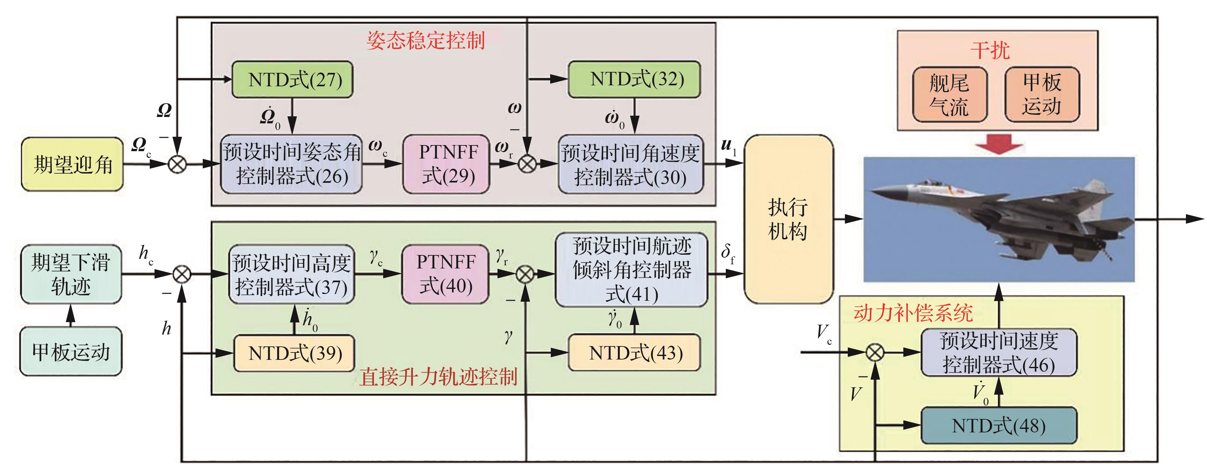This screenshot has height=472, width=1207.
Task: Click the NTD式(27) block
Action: [292, 80]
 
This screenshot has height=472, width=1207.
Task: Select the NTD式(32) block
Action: [634, 79]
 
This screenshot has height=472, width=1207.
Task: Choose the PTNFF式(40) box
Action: [445, 274]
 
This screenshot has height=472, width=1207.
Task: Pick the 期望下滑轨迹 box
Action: [71, 274]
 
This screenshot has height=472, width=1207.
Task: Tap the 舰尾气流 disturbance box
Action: [950, 95]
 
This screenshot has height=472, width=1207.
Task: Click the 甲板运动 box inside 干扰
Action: [1042, 94]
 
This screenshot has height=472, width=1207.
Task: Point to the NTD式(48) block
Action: [998, 426]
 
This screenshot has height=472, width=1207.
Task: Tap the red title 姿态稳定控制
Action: [425, 40]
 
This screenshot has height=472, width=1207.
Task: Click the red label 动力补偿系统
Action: [913, 313]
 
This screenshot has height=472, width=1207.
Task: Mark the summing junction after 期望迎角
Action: [178, 164]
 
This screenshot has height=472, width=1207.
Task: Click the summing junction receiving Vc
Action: [874, 352]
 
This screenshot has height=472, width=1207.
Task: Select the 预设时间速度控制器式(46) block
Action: [998, 352]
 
